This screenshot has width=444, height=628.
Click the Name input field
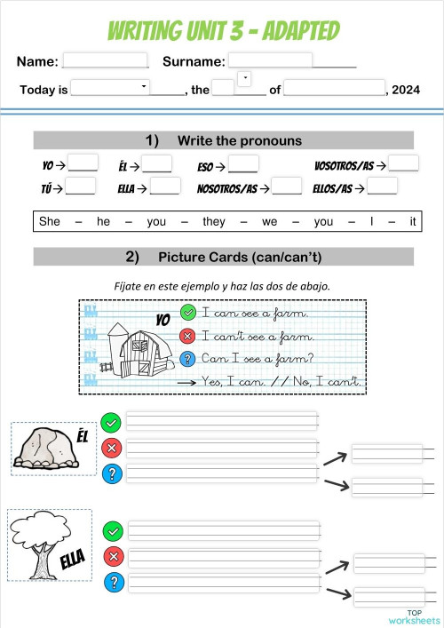[x=105, y=61]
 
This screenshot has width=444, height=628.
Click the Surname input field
[x=271, y=60]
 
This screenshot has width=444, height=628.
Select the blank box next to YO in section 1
[x=83, y=163]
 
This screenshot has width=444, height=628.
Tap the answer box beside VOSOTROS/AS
[x=403, y=163]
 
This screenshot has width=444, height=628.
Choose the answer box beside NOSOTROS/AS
[x=287, y=187]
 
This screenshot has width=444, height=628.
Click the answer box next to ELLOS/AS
[x=383, y=187]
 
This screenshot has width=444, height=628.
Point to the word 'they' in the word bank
[x=214, y=222]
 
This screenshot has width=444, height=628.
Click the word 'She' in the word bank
[x=50, y=222]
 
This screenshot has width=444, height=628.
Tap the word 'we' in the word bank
[x=269, y=222]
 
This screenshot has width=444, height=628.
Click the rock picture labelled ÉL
[x=48, y=449]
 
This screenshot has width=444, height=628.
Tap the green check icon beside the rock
[x=111, y=422]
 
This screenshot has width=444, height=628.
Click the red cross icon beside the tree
[x=113, y=557]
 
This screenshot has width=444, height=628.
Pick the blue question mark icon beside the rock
[x=111, y=473]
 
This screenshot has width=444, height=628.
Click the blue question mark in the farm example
[x=187, y=358]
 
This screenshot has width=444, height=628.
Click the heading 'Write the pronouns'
[x=240, y=140]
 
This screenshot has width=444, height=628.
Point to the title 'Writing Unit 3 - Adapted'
[x=223, y=31]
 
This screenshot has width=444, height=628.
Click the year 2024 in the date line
[x=405, y=90]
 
